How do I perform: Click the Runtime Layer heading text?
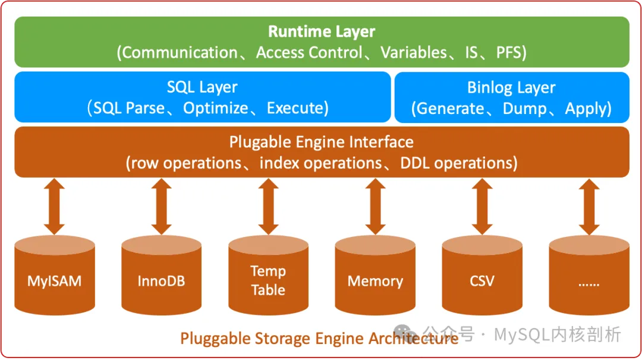click(322, 32)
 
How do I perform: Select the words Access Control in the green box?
click(309, 52)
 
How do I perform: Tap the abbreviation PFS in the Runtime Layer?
click(508, 52)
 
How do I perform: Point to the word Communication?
click(180, 52)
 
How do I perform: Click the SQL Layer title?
click(202, 87)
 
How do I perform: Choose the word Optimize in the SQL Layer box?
click(215, 108)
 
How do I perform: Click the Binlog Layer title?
click(511, 88)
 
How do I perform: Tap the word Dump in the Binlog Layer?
click(524, 109)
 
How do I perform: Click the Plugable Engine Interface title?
click(322, 143)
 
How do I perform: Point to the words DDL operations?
click(456, 163)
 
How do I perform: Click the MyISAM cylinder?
click(55, 275)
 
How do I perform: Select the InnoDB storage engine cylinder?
click(161, 275)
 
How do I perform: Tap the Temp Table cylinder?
click(268, 275)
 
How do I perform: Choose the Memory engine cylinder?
click(375, 275)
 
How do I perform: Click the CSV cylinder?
click(482, 275)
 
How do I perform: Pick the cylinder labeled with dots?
click(588, 275)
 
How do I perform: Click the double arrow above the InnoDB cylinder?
click(161, 207)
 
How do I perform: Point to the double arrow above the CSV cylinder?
click(482, 207)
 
